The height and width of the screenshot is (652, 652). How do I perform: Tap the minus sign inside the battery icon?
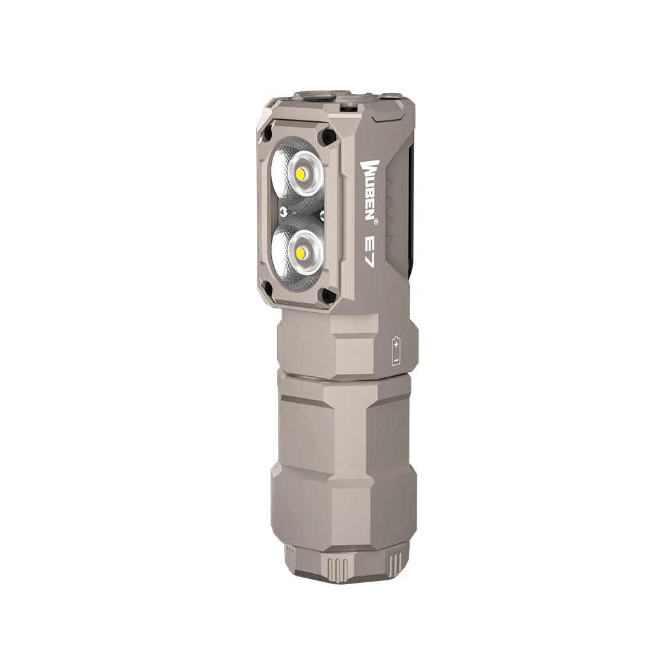[x=396, y=359]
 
